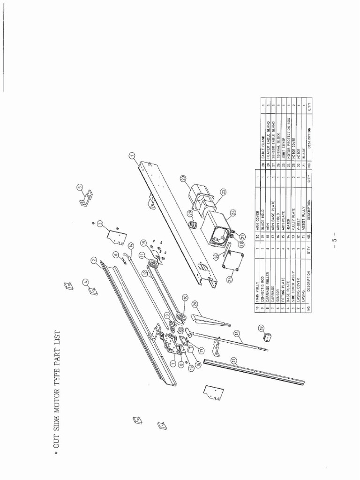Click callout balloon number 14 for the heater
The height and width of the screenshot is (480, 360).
131,245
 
